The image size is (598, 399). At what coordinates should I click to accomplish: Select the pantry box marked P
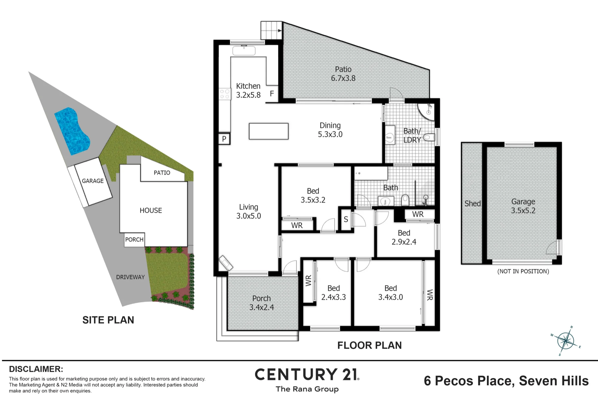(224, 138)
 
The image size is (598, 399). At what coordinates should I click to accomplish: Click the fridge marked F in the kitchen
(272, 94)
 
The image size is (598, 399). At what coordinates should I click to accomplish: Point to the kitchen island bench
(269, 131)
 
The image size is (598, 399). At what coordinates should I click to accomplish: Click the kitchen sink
(244, 50)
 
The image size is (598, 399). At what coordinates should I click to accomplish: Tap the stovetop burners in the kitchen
(225, 94)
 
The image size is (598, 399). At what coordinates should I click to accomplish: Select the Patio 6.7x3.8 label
(343, 74)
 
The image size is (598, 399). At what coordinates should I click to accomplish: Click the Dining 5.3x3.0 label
(330, 130)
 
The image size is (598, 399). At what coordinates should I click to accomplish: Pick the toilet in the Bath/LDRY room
(428, 137)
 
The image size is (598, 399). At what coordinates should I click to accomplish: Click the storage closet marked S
(346, 219)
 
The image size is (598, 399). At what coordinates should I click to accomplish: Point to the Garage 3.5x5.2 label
(523, 206)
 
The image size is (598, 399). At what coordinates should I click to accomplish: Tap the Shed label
(472, 204)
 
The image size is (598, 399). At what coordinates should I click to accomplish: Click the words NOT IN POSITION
(523, 271)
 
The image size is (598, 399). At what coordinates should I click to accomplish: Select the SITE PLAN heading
(108, 320)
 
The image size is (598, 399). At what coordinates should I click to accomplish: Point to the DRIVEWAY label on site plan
(130, 277)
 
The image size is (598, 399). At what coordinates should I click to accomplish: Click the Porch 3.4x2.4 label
(262, 303)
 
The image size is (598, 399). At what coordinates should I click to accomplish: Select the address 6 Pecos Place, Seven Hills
(506, 381)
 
